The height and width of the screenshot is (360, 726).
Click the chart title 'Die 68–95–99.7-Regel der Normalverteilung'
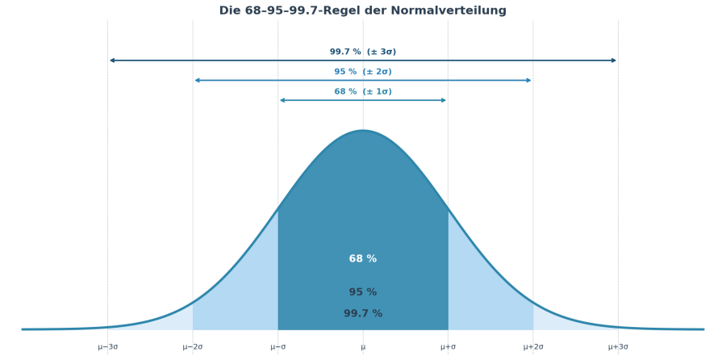(363, 11)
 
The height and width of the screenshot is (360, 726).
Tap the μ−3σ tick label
(107, 347)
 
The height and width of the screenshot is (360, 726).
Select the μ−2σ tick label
(193, 347)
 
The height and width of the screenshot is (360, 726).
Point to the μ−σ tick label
(277, 347)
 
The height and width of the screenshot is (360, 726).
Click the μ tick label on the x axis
(363, 347)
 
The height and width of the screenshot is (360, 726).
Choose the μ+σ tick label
(448, 347)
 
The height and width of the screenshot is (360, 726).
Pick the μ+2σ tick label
(533, 347)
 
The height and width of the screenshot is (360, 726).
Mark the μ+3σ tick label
(618, 347)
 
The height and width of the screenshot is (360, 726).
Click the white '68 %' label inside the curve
(363, 259)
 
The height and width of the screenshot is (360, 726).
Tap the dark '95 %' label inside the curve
(363, 292)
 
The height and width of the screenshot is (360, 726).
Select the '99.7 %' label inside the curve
(363, 314)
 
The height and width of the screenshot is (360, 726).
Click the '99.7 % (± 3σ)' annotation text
(363, 52)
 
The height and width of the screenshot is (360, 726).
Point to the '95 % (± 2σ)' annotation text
(363, 72)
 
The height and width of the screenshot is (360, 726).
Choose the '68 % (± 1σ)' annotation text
(363, 92)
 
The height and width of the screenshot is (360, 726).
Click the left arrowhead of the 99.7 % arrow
(111, 61)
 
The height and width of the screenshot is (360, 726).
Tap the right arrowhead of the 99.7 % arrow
(615, 61)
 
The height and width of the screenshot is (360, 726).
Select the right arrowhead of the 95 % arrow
(529, 81)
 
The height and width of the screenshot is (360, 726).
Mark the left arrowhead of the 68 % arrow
(282, 100)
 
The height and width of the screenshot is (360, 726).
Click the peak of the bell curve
(363, 131)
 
